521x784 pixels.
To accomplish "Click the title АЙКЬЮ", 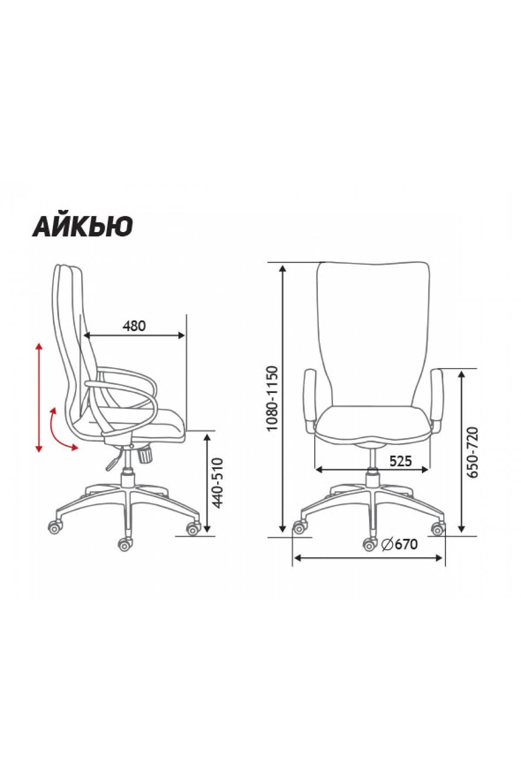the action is [82, 226].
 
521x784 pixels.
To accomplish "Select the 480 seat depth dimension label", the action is [134, 326].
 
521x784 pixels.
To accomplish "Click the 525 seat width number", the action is [400, 461].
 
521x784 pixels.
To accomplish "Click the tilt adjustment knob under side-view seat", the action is [145, 455].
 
